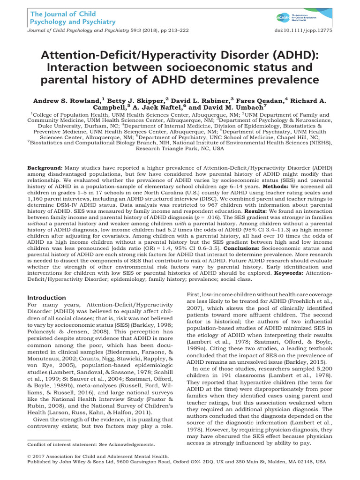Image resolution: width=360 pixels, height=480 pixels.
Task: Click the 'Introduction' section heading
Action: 46,298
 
